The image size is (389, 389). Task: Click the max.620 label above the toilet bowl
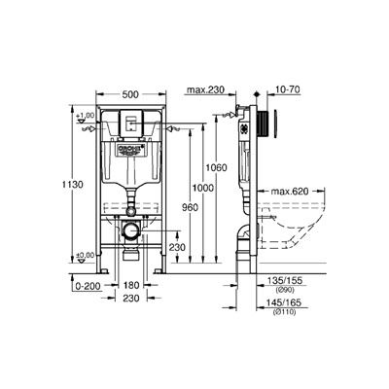click(291, 191)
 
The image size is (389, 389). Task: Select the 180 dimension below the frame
click(131, 288)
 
